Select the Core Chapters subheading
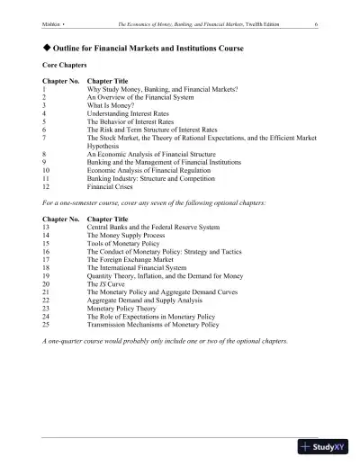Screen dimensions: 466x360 point(65,66)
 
